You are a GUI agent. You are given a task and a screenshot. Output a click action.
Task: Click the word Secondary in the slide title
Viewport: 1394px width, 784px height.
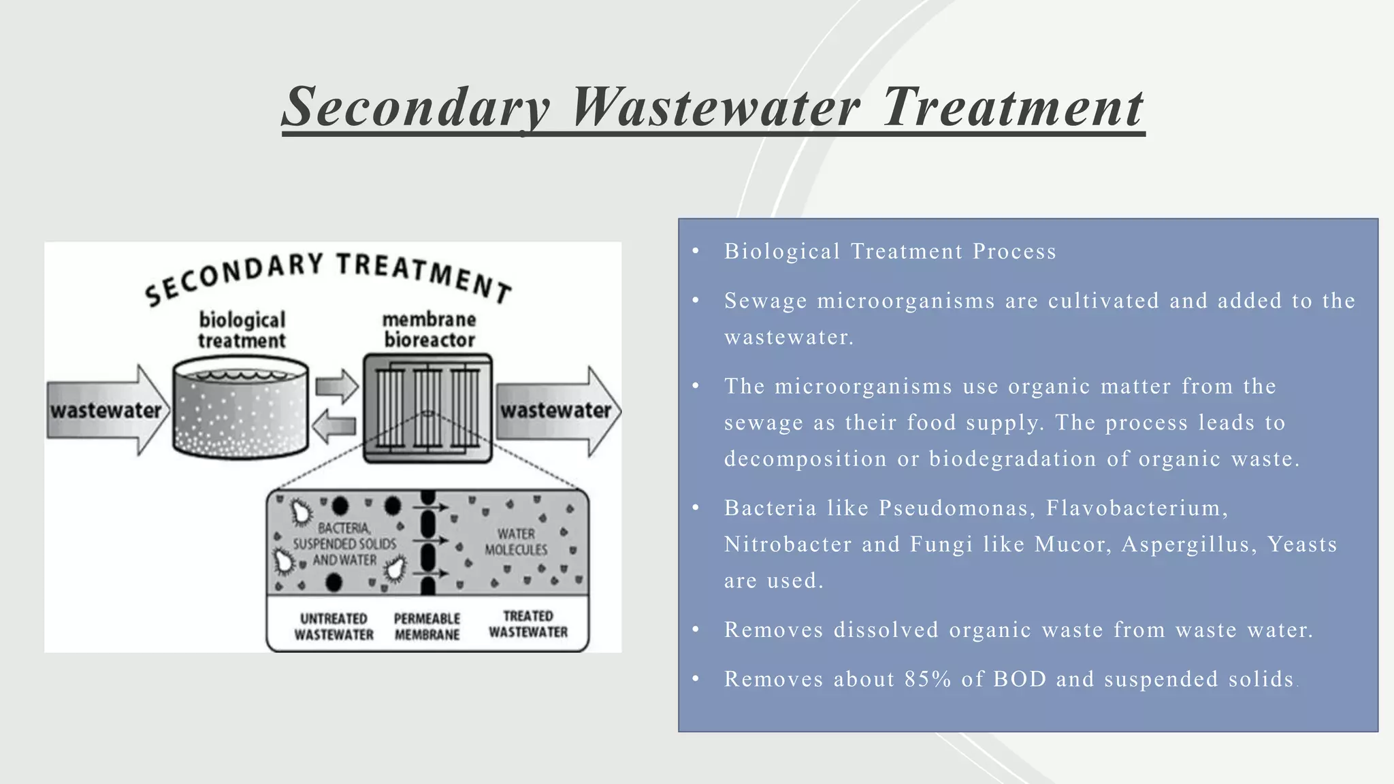[416, 108]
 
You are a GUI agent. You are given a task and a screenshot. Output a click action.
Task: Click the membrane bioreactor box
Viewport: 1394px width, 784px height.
[427, 408]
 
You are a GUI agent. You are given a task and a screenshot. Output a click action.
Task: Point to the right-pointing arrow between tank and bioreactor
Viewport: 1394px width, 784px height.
[337, 387]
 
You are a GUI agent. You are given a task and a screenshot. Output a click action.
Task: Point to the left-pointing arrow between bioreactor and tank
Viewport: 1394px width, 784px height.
[334, 427]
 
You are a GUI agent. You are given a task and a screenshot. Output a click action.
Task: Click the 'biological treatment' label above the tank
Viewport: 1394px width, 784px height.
[242, 330]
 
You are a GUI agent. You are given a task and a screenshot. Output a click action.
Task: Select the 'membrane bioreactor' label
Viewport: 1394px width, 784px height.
[429, 329]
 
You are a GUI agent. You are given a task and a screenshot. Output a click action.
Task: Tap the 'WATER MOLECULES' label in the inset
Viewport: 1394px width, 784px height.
[516, 542]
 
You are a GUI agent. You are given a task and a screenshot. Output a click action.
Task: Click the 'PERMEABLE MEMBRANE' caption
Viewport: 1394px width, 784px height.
[427, 626]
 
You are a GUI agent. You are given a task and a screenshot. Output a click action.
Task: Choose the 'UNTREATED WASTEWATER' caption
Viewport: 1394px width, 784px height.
[334, 626]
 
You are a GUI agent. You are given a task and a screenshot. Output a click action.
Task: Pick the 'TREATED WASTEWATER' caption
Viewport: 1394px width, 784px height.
[528, 624]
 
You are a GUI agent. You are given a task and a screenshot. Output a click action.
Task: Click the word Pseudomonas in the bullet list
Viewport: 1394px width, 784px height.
[953, 508]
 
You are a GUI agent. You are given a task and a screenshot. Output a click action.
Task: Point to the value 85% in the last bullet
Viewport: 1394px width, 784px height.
[928, 679]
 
